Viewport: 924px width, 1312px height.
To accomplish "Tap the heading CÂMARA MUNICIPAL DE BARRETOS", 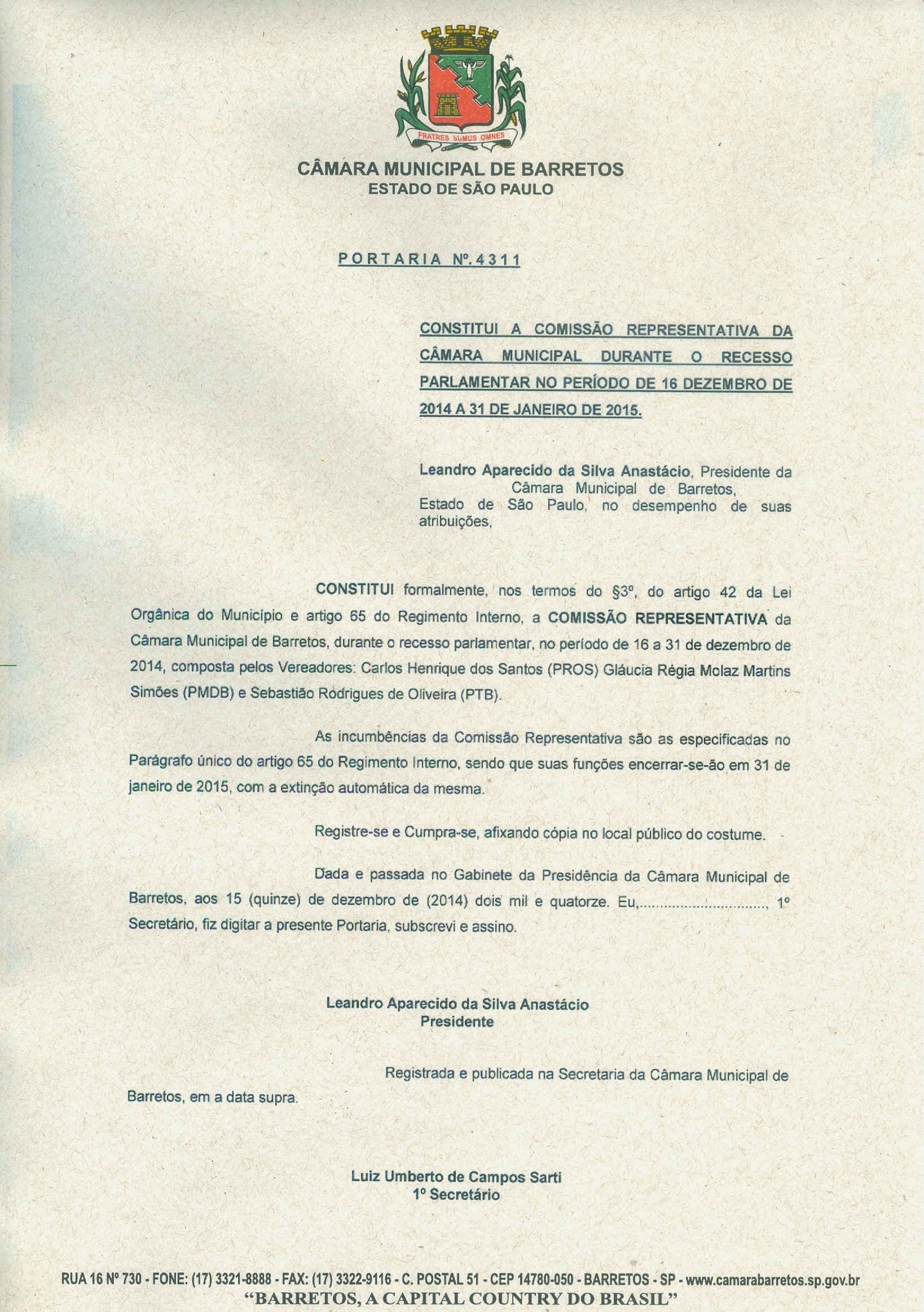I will (460, 169).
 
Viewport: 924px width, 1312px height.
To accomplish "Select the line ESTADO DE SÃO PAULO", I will (460, 188).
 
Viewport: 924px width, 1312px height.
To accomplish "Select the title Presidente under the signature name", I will (456, 1022).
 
